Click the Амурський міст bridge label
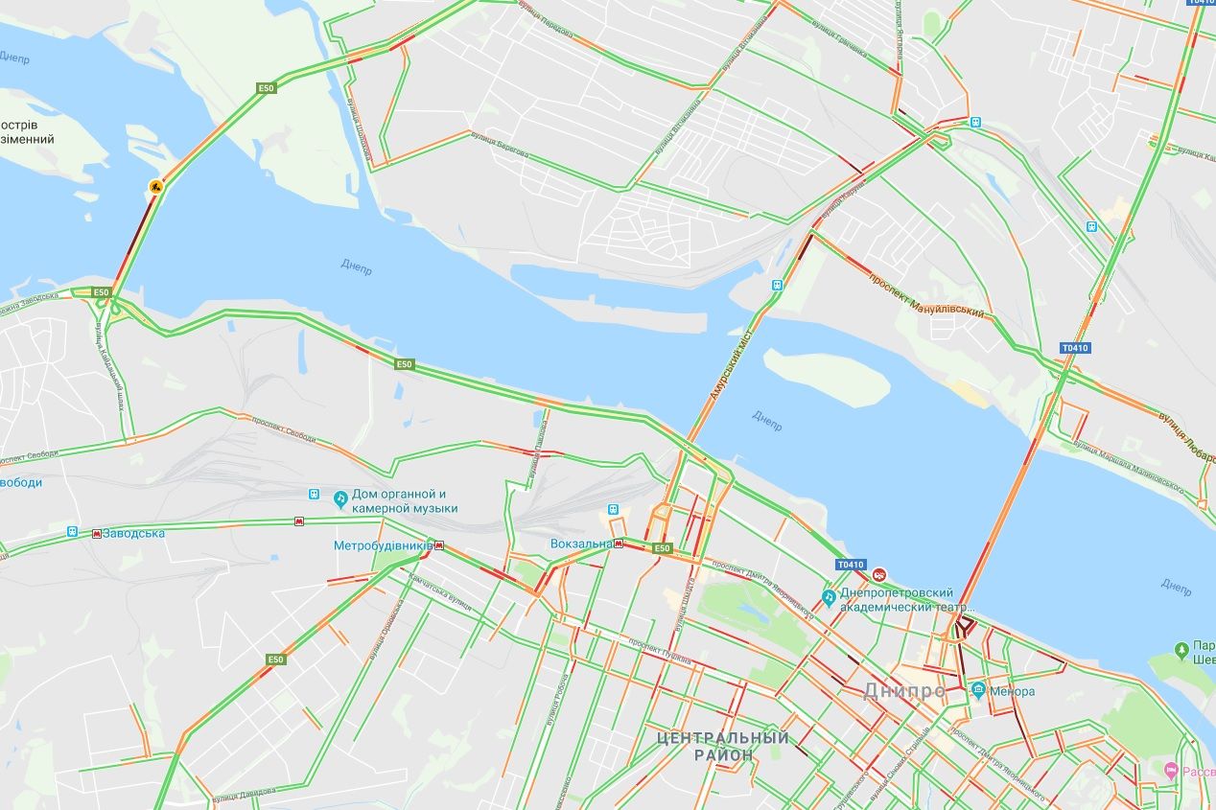pyautogui.click(x=726, y=366)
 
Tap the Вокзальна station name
pyautogui.click(x=581, y=544)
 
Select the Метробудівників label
pyautogui.click(x=383, y=546)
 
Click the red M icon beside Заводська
pyautogui.click(x=97, y=534)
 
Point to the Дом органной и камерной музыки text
pyautogui.click(x=404, y=501)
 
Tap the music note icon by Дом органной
pyautogui.click(x=339, y=499)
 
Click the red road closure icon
pyautogui.click(x=878, y=574)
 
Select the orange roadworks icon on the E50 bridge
pyautogui.click(x=154, y=186)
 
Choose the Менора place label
pyautogui.click(x=1013, y=691)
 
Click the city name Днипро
pyautogui.click(x=904, y=690)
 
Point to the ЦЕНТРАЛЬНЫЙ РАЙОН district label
pyautogui.click(x=724, y=746)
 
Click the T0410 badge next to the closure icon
pyautogui.click(x=851, y=565)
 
